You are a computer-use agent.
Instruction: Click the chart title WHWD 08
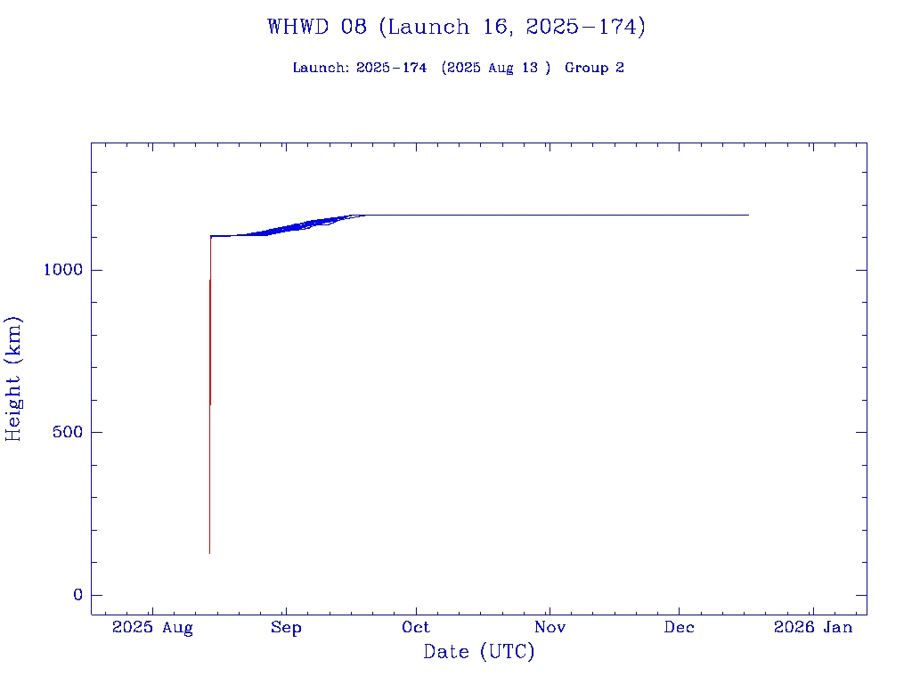click(x=317, y=27)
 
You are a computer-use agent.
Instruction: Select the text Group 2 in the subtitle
click(x=594, y=68)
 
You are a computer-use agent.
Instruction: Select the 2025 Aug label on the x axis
click(x=152, y=628)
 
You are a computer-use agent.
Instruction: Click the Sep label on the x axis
click(x=286, y=628)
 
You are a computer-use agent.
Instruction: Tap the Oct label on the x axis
click(x=416, y=628)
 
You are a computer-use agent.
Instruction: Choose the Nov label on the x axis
click(x=550, y=628)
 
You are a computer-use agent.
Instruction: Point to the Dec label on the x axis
click(x=680, y=628)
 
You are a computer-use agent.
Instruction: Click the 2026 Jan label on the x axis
click(x=813, y=628)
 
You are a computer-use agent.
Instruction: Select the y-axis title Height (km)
click(x=13, y=379)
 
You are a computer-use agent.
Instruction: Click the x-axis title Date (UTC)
click(x=479, y=652)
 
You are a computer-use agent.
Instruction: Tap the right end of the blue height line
click(x=748, y=215)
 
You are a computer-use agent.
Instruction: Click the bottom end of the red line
click(x=209, y=553)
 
